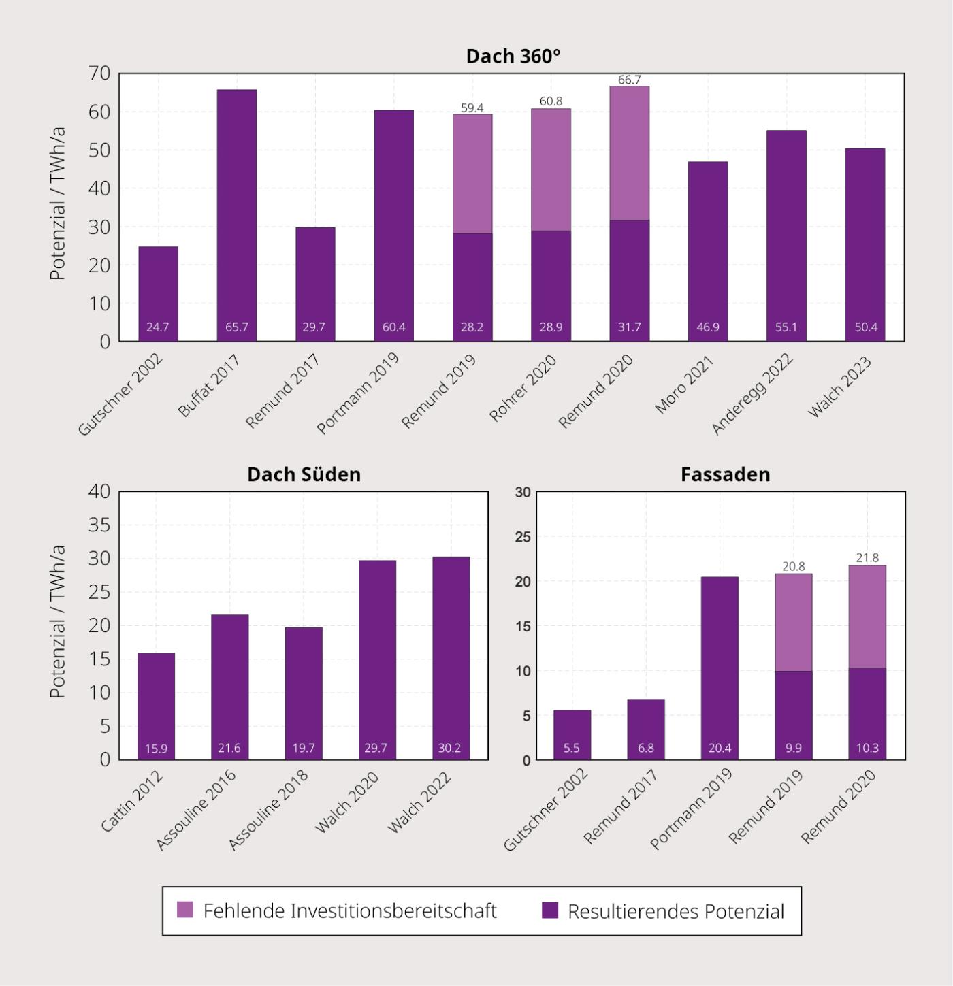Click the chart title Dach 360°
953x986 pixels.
click(x=513, y=56)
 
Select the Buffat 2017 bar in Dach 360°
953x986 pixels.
click(x=237, y=215)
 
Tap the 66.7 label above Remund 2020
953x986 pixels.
click(x=629, y=80)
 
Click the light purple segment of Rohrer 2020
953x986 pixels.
click(x=551, y=169)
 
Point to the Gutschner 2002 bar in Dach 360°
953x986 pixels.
click(x=158, y=294)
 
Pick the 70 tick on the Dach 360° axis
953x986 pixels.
click(x=99, y=73)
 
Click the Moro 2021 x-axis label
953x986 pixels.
click(x=684, y=385)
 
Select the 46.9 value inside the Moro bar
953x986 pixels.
click(x=708, y=327)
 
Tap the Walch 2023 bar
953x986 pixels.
click(x=865, y=245)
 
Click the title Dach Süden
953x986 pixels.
click(x=304, y=475)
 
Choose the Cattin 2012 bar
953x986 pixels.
click(x=156, y=706)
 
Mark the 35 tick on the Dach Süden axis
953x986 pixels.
click(x=99, y=525)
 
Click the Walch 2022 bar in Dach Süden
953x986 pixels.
click(x=451, y=658)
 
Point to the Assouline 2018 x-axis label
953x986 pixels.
click(x=269, y=810)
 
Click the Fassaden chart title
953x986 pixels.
click(x=726, y=475)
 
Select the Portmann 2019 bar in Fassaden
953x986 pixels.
click(x=720, y=668)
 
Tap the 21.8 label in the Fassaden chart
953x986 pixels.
click(x=867, y=558)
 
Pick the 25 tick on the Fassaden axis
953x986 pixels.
click(x=523, y=537)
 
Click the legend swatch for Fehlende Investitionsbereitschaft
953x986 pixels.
click(x=185, y=910)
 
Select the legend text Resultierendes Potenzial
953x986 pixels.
click(x=676, y=911)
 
